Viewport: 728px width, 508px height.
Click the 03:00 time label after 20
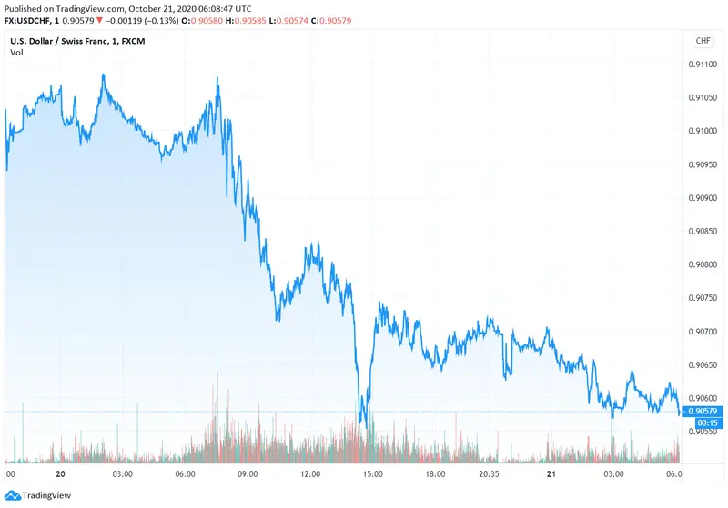[x=123, y=473]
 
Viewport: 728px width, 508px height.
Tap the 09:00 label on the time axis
[x=248, y=473]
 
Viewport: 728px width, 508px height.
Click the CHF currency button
[x=703, y=41]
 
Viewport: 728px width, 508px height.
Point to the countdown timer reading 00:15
[x=708, y=423]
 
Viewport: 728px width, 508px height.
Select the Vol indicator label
[x=16, y=53]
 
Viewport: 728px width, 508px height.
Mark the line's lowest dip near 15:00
[x=361, y=423]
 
